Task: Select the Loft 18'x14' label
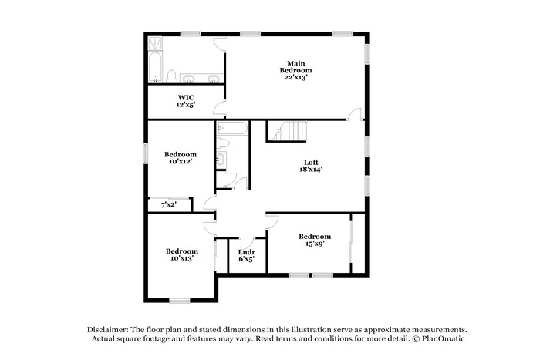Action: pos(312,166)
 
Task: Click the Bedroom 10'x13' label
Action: pos(182,255)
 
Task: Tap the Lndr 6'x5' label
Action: pos(247,256)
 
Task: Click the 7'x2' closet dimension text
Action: pos(168,205)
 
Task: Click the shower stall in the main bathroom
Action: pos(154,43)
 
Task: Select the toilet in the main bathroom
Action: pos(171,76)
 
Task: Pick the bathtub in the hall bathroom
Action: pos(231,128)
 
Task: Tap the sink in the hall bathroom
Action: pos(222,160)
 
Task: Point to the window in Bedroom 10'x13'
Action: pos(180,301)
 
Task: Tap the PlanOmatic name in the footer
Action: pos(443,339)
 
